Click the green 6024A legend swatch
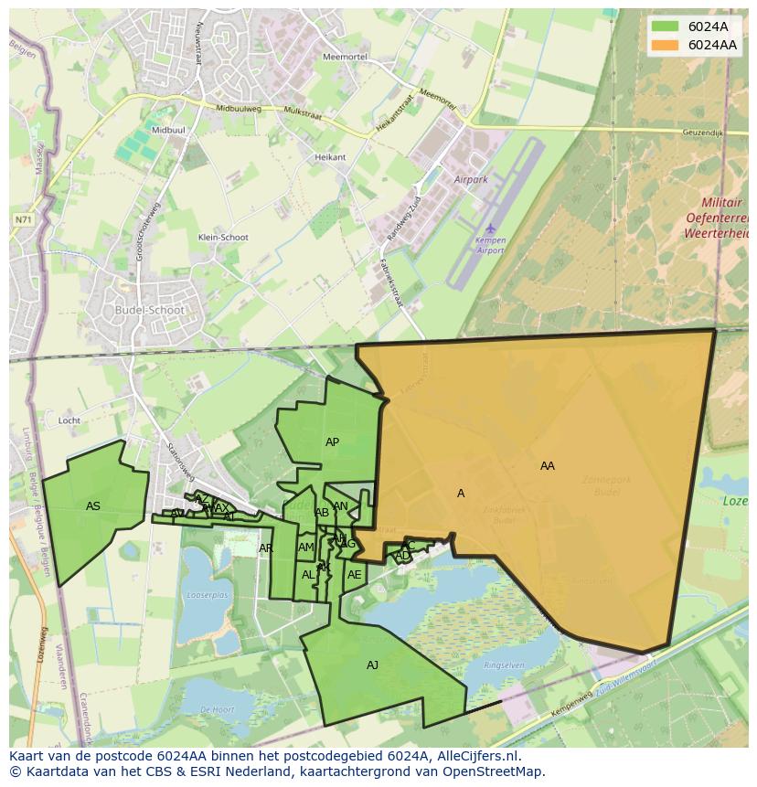click(665, 27)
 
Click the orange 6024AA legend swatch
click(665, 45)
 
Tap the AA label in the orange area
click(547, 466)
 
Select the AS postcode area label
click(93, 506)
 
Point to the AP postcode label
click(332, 442)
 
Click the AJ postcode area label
click(372, 665)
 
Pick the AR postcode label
click(266, 548)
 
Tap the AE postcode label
click(354, 575)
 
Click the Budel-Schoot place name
click(150, 310)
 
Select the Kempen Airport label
click(490, 245)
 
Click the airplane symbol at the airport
click(491, 228)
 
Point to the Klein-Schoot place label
click(223, 238)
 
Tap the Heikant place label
click(330, 157)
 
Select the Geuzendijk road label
click(702, 133)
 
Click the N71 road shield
click(23, 219)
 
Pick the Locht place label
click(69, 420)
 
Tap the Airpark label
click(471, 180)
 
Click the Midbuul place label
click(168, 131)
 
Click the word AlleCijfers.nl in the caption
click(477, 756)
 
